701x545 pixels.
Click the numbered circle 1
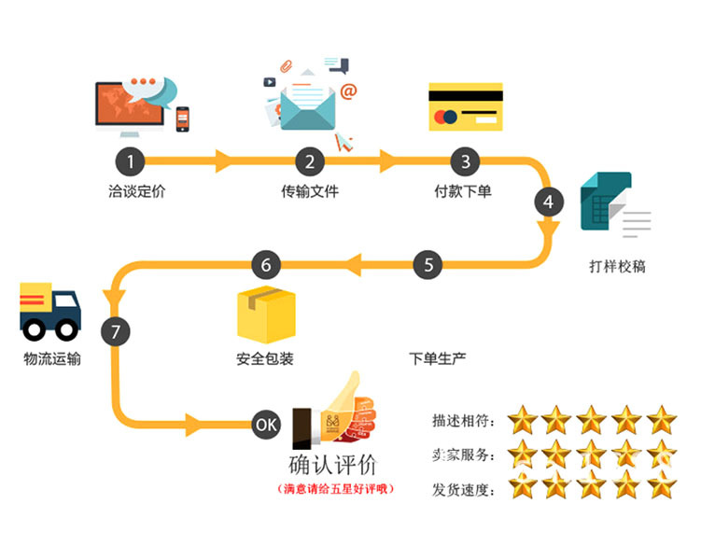(x=130, y=161)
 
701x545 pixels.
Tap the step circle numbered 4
(x=548, y=202)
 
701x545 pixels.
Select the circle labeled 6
(x=266, y=266)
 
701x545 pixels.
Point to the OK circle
(x=266, y=425)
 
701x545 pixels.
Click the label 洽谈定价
(x=136, y=192)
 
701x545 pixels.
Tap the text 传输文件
(x=310, y=192)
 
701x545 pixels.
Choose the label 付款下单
(x=463, y=192)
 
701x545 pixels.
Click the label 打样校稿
(x=617, y=267)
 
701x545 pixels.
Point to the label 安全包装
(x=265, y=358)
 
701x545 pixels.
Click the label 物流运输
(x=52, y=358)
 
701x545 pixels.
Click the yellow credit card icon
(x=465, y=106)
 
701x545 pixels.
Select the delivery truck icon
(x=49, y=310)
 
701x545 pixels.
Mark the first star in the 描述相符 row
(x=524, y=420)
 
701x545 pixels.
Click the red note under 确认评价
(x=335, y=488)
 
